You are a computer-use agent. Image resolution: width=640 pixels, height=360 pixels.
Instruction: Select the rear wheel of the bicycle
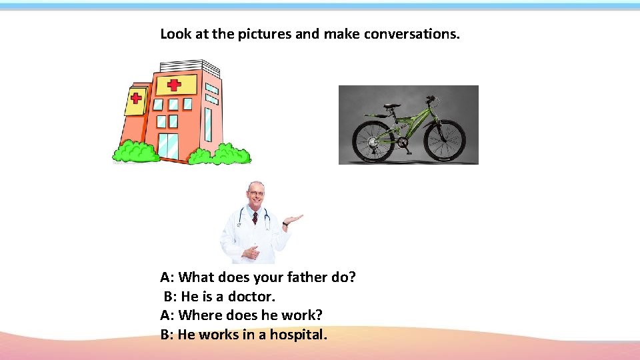[373, 140]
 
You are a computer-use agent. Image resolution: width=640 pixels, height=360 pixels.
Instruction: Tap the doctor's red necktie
[255, 217]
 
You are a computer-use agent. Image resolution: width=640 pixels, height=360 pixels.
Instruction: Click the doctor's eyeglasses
[255, 193]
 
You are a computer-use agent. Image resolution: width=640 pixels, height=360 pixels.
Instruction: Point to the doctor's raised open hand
[294, 219]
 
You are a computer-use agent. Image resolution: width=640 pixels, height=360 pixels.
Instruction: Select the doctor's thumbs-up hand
[251, 253]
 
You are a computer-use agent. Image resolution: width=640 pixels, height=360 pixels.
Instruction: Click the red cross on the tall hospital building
[174, 85]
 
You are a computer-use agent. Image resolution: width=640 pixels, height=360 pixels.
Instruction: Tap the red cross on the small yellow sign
[136, 98]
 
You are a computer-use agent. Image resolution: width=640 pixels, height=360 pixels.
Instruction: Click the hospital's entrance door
[168, 146]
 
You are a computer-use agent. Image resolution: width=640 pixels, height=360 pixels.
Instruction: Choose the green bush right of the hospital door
[220, 154]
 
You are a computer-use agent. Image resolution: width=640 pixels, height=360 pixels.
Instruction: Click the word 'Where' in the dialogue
[199, 315]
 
